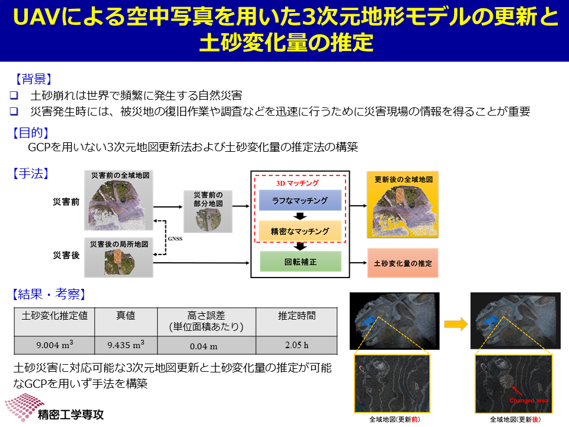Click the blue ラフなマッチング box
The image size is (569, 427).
point(300,200)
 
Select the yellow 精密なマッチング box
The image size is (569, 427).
point(300,231)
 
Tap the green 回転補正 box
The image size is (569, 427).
point(301,262)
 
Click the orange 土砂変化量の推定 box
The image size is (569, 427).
point(403,263)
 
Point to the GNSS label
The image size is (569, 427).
point(175,238)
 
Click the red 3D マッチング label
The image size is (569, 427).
point(297,183)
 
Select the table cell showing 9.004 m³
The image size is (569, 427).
point(55,345)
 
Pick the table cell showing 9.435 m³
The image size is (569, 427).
point(126,345)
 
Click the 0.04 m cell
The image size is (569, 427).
point(206,345)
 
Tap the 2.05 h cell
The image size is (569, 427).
point(296,345)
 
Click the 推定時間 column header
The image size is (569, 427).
point(296,316)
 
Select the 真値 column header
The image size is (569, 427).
point(126,316)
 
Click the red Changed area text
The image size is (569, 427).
point(529,400)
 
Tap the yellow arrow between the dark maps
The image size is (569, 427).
point(456,324)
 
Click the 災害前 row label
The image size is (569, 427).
point(66,202)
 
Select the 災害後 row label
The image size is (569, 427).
point(66,255)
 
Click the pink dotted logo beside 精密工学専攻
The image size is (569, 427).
point(24,407)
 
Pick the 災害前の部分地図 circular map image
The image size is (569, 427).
point(208,219)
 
